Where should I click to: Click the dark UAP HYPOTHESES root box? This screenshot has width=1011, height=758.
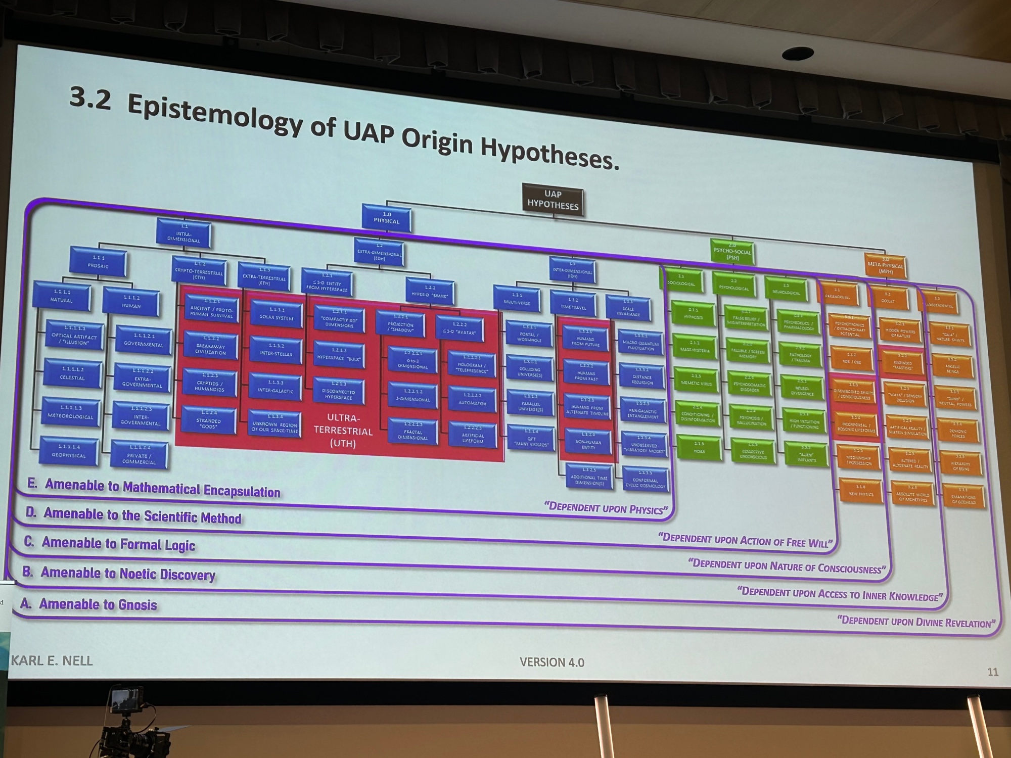tap(553, 200)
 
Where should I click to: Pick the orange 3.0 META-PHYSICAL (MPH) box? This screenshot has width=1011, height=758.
tap(885, 266)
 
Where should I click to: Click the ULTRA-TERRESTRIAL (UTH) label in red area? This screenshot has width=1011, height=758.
tap(343, 431)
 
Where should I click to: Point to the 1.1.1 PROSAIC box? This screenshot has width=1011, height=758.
tap(99, 262)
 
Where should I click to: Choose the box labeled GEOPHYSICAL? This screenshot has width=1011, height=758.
tap(68, 451)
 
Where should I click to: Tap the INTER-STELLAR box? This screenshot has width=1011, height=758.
tap(276, 350)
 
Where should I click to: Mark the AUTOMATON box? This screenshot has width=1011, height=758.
tap(472, 399)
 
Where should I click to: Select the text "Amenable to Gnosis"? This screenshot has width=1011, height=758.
tap(98, 604)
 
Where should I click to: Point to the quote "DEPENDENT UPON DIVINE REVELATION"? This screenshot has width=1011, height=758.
tap(915, 622)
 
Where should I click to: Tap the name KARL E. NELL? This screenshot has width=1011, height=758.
tap(52, 660)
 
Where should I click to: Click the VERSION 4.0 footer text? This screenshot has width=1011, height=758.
tap(552, 662)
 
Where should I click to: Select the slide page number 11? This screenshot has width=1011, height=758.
tap(992, 672)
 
